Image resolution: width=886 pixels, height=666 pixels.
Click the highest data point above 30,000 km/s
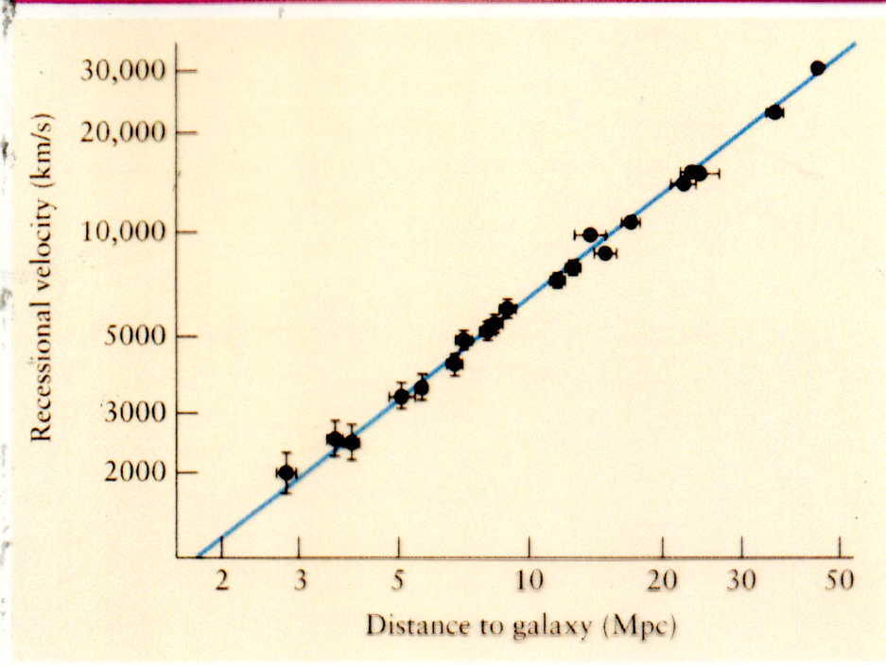pos(818,68)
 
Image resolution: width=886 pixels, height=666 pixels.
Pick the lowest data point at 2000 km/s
pos(286,472)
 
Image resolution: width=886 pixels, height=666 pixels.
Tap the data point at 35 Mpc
pos(774,112)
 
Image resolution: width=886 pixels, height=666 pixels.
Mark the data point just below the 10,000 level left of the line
pos(590,234)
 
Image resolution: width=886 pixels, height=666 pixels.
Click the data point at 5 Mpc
pos(401,397)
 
